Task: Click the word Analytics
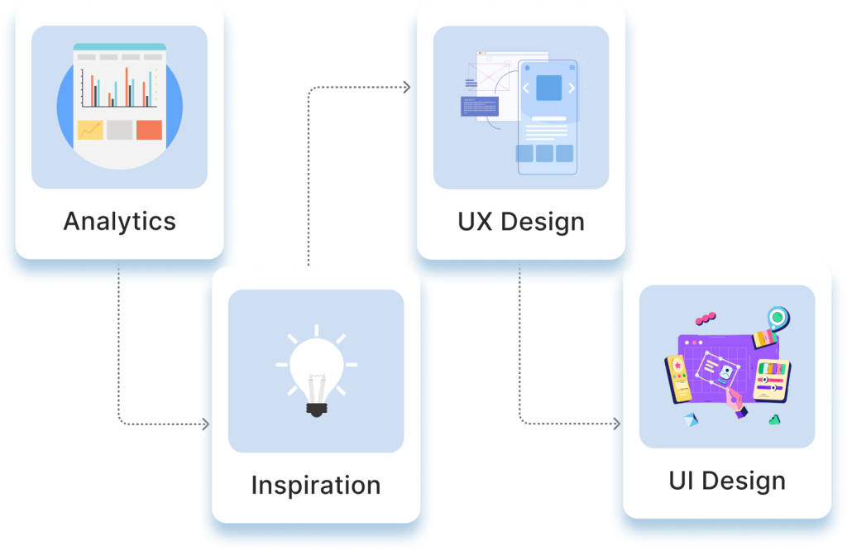click(119, 222)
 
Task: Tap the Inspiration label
click(315, 485)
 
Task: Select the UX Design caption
click(520, 222)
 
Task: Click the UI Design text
click(726, 481)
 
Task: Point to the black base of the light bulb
click(315, 408)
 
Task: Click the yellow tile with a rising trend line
click(90, 130)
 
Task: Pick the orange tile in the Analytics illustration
click(149, 130)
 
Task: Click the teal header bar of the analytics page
click(119, 47)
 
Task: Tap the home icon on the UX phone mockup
click(526, 67)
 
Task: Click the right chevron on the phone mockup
click(571, 88)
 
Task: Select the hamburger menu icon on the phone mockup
click(571, 67)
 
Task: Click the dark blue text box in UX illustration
click(479, 106)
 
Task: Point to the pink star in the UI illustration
click(677, 363)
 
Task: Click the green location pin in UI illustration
click(778, 317)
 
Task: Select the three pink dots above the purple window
click(705, 318)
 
